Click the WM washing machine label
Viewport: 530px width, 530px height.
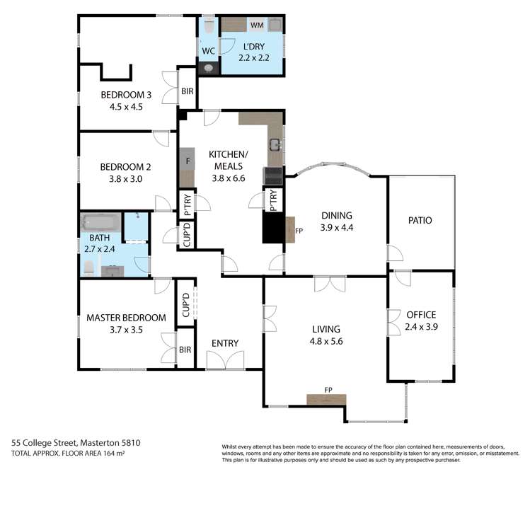[256, 25]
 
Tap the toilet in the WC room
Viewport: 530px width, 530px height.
[209, 25]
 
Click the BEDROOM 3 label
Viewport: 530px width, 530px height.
[126, 95]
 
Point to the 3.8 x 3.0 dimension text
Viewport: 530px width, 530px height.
[126, 179]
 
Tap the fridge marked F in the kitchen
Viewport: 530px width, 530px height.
[187, 161]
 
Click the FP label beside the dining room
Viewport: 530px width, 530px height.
[299, 230]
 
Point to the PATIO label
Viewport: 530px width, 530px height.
[420, 220]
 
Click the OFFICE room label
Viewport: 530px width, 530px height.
[421, 314]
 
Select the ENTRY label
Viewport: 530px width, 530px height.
[225, 344]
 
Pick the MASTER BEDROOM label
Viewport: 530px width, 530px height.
[126, 318]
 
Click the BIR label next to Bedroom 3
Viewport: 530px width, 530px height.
[187, 91]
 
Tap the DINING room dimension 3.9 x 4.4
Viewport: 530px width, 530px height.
[336, 228]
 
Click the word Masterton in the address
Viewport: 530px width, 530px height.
[103, 443]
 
